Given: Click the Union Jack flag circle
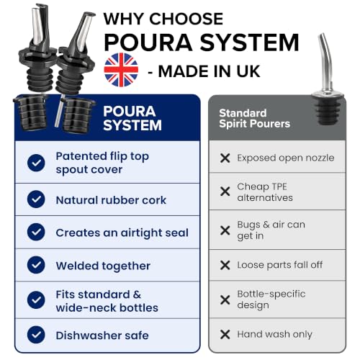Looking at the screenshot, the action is point(121,70).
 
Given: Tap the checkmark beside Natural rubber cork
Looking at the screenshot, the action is point(36,199).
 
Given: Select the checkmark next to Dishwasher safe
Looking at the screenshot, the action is point(36,335).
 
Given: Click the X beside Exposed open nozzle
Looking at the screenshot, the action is point(225,158).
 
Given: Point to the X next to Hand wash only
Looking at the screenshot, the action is point(225,334).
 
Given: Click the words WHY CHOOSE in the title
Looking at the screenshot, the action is point(163,19).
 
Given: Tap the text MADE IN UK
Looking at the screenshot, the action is point(209,71).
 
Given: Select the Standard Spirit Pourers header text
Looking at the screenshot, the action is point(254,118).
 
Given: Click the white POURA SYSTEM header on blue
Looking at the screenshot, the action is point(132,118).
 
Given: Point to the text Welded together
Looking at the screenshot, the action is point(103,266).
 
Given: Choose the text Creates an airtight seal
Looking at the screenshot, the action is point(122,233).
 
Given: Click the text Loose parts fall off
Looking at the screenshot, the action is point(280,265).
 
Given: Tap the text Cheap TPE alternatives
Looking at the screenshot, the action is point(265,192).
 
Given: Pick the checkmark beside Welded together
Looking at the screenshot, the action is point(36,265).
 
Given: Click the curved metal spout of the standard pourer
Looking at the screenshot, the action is point(325,60).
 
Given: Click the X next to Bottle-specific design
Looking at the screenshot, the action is point(225,300).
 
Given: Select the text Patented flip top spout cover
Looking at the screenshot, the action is point(102,163).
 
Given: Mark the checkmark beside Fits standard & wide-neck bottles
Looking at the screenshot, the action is point(36,300).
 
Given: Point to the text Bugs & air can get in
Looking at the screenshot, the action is point(271,230).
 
